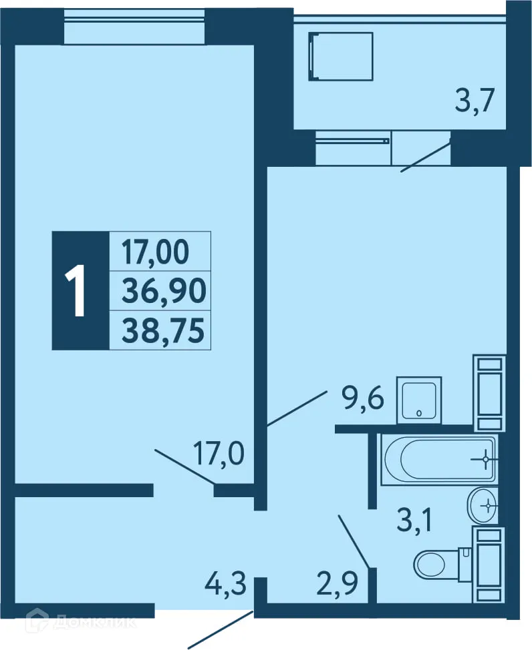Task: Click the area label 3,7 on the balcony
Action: point(475,103)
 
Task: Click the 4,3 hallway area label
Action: point(226,587)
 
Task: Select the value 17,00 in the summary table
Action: point(156,252)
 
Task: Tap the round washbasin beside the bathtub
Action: point(483,505)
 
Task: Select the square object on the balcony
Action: point(340,56)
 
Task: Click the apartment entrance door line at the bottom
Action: point(221,629)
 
